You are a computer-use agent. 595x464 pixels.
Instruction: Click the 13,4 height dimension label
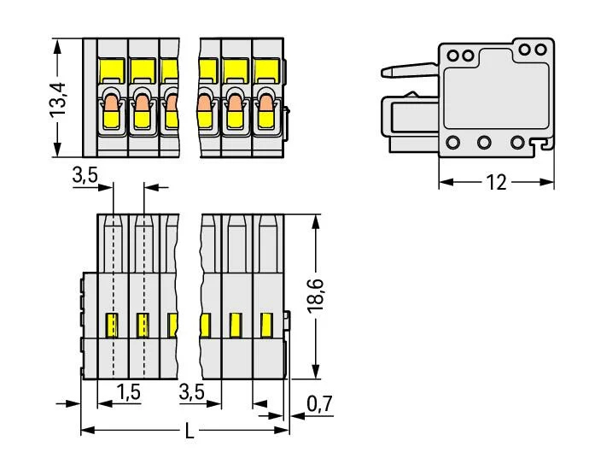59,97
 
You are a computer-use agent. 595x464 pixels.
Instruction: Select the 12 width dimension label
496,182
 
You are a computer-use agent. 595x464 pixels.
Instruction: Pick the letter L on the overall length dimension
190,432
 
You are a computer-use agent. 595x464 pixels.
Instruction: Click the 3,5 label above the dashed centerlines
85,176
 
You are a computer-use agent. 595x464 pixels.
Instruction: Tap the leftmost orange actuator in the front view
112,109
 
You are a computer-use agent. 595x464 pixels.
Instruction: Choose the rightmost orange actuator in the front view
265,109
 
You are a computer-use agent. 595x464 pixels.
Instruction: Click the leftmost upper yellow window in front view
114,68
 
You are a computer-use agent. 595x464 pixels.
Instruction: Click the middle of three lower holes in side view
484,143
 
